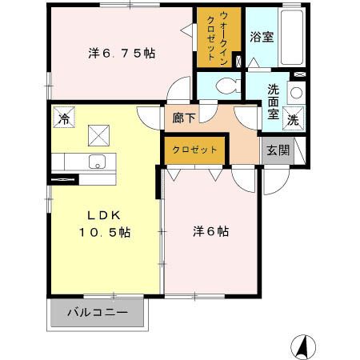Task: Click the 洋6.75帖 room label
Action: [x=122, y=54]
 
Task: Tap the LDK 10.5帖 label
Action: [x=104, y=224]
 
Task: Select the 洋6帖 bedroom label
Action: [x=211, y=231]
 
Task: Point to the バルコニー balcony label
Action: [x=98, y=312]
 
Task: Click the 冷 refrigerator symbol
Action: [x=62, y=118]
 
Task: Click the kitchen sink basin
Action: [x=98, y=161]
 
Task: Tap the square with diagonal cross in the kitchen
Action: [x=99, y=134]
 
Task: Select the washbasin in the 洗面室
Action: [x=295, y=92]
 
